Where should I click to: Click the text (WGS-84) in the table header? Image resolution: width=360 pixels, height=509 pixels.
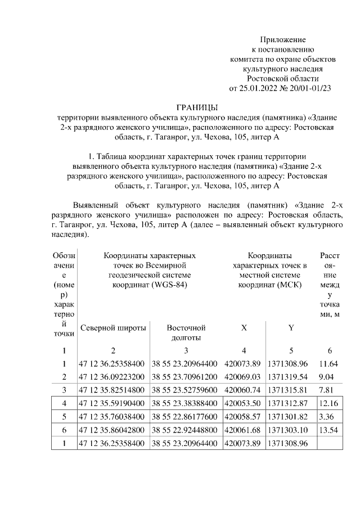click(170, 285)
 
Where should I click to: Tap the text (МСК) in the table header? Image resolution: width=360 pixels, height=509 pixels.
click(291, 285)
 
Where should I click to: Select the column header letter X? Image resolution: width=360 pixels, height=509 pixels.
click(243, 328)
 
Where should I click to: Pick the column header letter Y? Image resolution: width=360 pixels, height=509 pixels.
click(291, 328)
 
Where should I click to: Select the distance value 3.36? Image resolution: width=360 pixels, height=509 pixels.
click(326, 417)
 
